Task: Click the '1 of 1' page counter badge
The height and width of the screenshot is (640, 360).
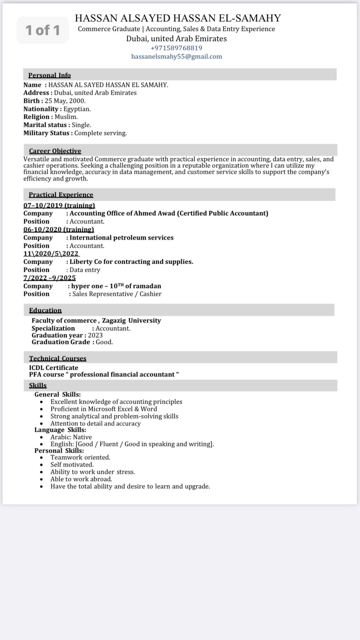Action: point(43,30)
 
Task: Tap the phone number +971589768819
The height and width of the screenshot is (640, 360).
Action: point(176,48)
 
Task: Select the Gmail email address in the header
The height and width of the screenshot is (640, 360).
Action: point(176,57)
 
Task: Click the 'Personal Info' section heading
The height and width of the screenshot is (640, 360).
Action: point(50,75)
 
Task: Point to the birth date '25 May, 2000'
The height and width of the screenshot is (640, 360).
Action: point(65,101)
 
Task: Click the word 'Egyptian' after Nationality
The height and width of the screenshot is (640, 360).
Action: point(77,109)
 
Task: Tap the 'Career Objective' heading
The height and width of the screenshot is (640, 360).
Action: point(55,151)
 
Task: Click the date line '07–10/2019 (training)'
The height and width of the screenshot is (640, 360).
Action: point(59,205)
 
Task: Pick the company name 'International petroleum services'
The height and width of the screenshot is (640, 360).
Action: point(121,238)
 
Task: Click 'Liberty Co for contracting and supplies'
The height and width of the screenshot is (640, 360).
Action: point(131,262)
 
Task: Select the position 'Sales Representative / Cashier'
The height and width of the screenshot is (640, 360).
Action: point(117,294)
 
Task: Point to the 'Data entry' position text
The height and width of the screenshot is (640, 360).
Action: point(85,270)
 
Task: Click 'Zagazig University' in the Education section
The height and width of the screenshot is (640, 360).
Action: point(131,321)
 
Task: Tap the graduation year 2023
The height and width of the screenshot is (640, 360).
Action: point(95,335)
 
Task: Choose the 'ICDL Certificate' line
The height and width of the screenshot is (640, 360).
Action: point(53,368)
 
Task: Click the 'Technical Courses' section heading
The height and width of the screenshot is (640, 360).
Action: point(58,358)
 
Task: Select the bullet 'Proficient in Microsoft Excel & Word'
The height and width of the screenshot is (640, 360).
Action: point(104,409)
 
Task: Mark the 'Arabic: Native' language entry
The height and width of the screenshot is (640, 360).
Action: point(71,437)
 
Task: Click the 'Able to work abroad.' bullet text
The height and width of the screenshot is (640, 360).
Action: point(81,479)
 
